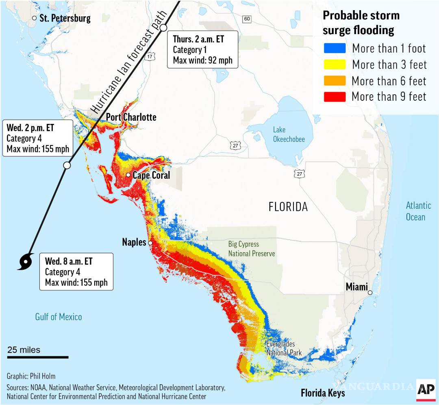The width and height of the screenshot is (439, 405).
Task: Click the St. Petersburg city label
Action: (65, 18)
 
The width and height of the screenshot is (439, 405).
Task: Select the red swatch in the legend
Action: (335, 97)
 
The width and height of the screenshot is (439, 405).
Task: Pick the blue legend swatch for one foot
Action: (335, 49)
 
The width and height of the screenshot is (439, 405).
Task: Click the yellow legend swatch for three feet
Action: (335, 65)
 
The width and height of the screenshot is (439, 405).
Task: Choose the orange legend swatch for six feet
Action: (335, 80)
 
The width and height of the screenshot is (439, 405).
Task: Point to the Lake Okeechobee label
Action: (289, 134)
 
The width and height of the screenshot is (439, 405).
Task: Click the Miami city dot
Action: (370, 292)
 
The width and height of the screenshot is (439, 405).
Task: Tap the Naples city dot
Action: (150, 243)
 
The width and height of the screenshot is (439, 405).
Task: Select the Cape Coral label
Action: (151, 175)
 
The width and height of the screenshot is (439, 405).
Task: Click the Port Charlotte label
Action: (131, 117)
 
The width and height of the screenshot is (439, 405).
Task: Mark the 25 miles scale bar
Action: (37, 357)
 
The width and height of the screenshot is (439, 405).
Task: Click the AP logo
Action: (425, 389)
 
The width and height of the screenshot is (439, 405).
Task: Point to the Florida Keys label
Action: (323, 393)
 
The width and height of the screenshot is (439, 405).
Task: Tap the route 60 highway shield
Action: (246, 19)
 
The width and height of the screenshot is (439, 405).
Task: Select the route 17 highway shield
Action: (150, 57)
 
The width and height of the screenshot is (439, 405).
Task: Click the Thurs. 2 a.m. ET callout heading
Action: (198, 39)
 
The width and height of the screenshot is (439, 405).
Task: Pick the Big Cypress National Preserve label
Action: (251, 249)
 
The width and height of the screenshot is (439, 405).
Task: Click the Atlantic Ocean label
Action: (415, 211)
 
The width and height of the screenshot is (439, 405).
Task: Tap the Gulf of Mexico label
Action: (59, 317)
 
